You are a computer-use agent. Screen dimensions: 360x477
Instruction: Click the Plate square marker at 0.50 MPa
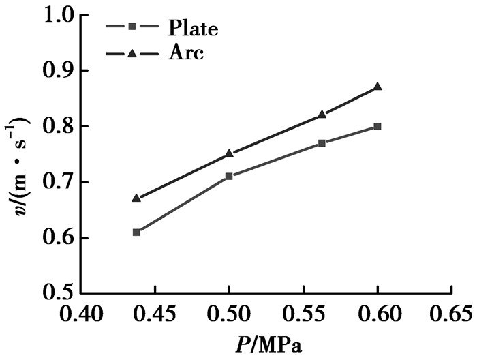point(229,176)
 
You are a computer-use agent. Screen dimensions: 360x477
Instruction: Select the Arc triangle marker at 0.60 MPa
point(378,87)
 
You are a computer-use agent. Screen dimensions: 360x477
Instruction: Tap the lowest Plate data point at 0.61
point(136,232)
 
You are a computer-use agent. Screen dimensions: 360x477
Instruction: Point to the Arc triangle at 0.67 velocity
point(136,198)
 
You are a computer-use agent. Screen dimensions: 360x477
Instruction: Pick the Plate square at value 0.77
point(322,143)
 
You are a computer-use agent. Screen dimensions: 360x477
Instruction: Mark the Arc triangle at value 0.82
point(322,115)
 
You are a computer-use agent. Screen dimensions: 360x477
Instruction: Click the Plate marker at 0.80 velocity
point(378,126)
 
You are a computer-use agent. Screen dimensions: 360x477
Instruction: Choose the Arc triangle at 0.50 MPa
point(229,153)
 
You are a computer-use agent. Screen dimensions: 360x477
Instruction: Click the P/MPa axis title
point(266,346)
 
